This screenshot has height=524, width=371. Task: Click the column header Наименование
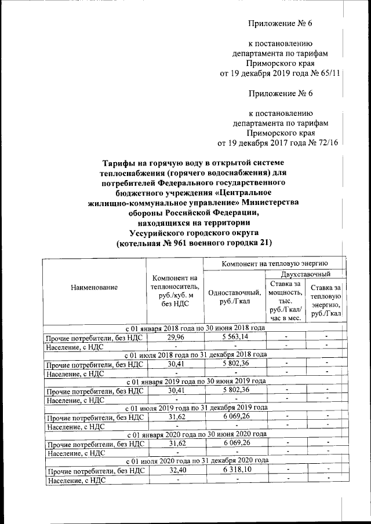(x=94, y=288)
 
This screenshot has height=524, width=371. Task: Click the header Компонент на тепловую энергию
(x=275, y=263)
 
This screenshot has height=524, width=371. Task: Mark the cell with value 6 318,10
(x=234, y=470)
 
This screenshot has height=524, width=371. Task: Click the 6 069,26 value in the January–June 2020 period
(x=234, y=443)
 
